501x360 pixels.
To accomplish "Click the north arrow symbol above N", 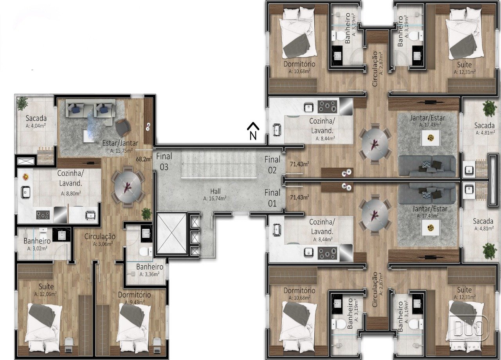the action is point(253,126).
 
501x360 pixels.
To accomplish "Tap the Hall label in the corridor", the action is point(215,191).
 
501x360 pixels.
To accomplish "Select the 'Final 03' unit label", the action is point(164,162).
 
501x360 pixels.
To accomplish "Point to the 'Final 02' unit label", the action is point(272,165).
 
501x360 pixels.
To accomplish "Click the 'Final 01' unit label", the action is point(272,198).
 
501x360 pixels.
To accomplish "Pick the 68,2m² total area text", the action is point(144,159).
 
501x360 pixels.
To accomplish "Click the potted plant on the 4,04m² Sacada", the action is point(22,104).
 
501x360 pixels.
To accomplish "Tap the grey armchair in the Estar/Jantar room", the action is point(123,127).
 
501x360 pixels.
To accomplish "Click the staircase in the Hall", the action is point(219,164).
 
